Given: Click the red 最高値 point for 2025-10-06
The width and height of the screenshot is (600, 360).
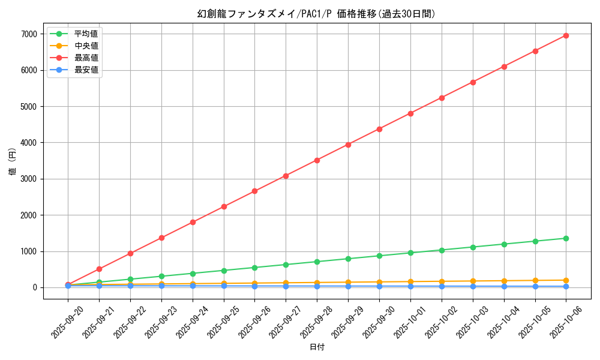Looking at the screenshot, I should point(566,35).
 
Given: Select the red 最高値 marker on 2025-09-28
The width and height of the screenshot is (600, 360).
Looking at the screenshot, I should point(317,160).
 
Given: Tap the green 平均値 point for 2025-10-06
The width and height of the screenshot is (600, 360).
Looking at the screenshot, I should point(566,238).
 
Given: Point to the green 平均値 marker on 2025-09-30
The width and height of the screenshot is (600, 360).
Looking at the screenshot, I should point(379,256).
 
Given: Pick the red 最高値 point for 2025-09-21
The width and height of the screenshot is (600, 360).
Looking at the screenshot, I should point(99,269).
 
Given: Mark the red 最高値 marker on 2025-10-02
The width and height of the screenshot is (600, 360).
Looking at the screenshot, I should point(442,97).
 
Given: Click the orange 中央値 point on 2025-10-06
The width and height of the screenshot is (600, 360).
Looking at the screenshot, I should point(566,280).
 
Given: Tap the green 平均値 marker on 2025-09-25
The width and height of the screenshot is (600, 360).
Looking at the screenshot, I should point(224,271).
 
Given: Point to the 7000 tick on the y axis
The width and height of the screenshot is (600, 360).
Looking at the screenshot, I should point(29,34).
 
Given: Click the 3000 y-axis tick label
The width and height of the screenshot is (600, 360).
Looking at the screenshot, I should point(29,179).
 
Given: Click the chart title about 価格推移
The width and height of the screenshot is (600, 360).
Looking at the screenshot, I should point(316,14).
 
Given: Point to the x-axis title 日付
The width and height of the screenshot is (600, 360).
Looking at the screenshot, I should point(317,347).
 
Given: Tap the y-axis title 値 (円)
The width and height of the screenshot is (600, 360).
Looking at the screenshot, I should point(13,162).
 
